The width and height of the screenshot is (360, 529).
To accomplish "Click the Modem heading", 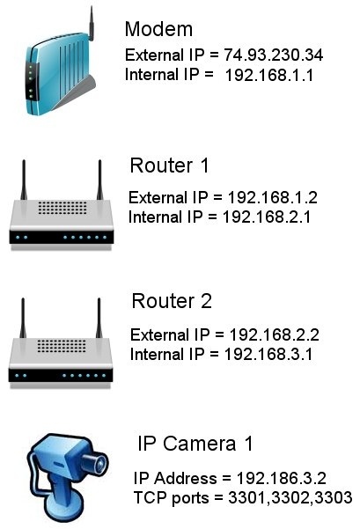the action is (158, 29).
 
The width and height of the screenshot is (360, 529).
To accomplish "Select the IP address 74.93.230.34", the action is (273, 55).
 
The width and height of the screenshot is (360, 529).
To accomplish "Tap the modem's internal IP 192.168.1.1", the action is (269, 75).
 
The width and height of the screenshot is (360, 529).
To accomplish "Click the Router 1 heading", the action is (169, 165).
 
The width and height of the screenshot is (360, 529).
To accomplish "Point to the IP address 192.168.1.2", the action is (273, 198).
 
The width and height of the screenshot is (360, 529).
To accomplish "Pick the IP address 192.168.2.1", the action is (267, 217).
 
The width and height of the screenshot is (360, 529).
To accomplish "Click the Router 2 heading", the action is (172, 301).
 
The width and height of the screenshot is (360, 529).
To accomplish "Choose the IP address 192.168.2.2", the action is (275, 335).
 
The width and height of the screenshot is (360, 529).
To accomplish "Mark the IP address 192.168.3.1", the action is (268, 355).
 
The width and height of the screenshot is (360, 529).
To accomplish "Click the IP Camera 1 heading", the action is (195, 444).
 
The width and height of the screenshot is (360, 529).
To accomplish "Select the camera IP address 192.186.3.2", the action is (282, 479).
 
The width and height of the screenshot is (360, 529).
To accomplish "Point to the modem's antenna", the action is (91, 23).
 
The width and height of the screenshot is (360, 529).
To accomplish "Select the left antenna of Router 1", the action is (24, 180).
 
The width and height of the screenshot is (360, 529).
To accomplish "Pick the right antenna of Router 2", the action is (99, 318).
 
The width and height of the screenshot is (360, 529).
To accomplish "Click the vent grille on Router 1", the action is (62, 208).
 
